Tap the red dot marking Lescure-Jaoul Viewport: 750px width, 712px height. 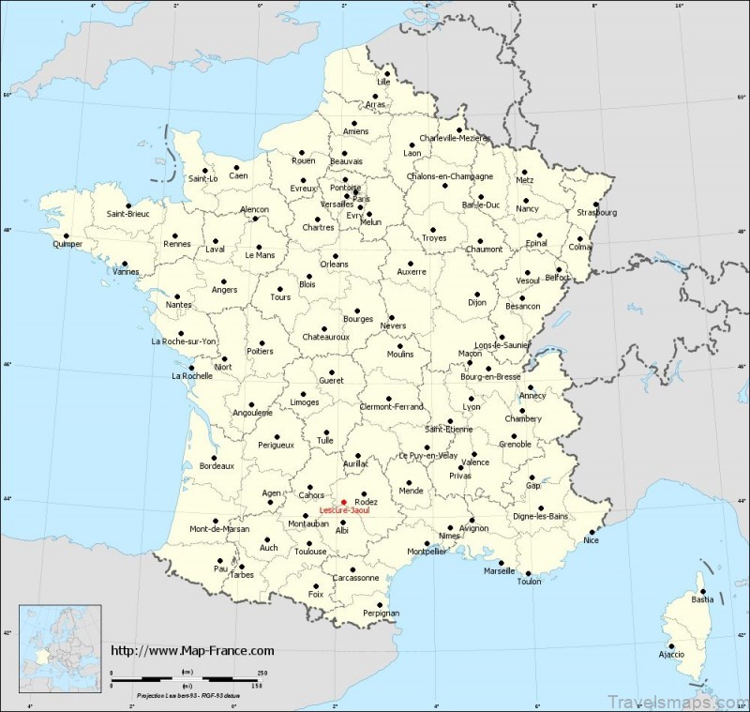pos(343,503)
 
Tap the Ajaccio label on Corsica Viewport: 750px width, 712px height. pos(669,653)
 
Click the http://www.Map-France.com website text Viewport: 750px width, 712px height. pos(193,650)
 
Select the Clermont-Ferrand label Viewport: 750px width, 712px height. pos(392,406)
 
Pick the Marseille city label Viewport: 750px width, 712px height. pos(499,571)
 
